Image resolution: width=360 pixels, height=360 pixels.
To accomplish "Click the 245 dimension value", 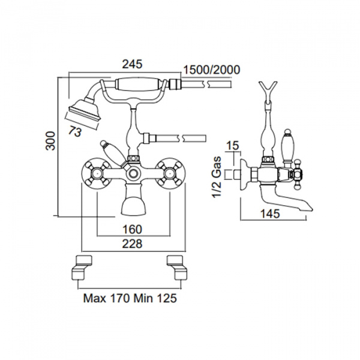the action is (x=132, y=64).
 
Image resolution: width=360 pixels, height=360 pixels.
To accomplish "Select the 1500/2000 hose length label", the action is (x=212, y=70).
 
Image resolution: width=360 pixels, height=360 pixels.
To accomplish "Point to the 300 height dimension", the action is (x=50, y=141).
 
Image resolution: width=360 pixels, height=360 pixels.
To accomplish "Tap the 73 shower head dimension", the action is (x=76, y=132).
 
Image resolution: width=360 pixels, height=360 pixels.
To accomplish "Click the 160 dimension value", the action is (x=133, y=229).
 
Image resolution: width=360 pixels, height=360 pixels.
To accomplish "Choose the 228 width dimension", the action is (x=132, y=244).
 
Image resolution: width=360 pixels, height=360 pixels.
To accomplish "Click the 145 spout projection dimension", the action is (x=270, y=214).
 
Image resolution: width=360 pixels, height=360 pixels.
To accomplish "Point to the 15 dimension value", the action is (x=233, y=146).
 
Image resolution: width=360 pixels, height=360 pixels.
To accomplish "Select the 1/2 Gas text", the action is (x=217, y=176).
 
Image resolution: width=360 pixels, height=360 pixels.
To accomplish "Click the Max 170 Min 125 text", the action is (x=130, y=298).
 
